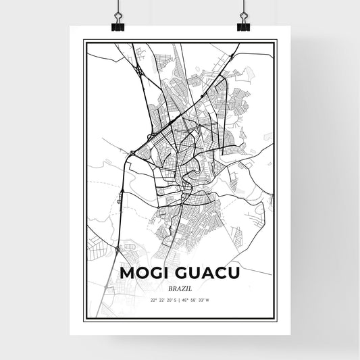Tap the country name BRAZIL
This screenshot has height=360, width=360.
click(x=179, y=287)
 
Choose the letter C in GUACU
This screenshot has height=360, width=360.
click(x=220, y=272)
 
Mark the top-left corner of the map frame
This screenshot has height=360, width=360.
click(x=84, y=41)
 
